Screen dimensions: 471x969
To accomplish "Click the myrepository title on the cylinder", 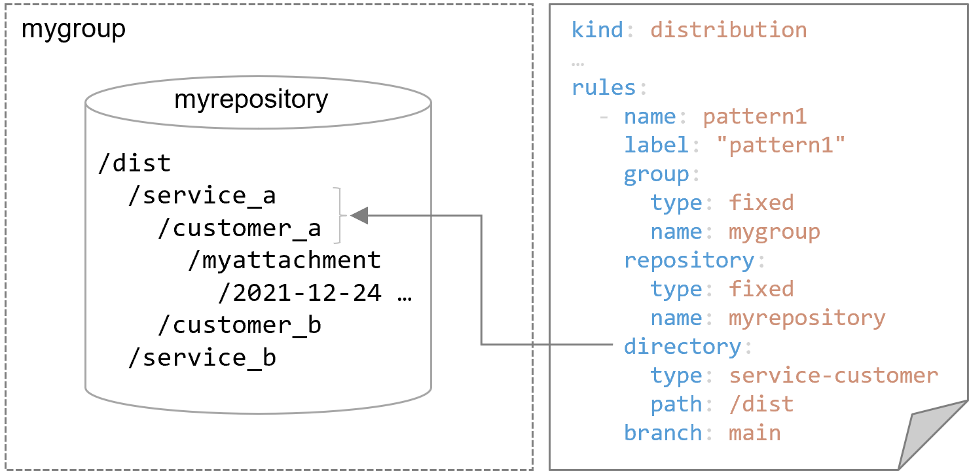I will (251, 99).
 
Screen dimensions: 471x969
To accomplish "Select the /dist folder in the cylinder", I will (134, 163).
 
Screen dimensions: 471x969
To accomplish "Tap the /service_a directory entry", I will (202, 196).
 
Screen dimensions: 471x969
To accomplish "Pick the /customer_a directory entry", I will (239, 228).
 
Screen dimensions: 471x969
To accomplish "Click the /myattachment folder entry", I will (284, 260).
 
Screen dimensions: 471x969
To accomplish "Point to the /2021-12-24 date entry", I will (300, 293).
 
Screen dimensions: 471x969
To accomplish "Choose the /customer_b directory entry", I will (239, 325).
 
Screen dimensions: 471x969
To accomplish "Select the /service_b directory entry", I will (202, 358).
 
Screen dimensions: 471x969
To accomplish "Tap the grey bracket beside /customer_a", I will (338, 215).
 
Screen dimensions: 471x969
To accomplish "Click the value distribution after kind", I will (728, 30).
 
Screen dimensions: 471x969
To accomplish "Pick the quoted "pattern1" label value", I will (780, 145).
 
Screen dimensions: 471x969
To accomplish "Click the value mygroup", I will (774, 232).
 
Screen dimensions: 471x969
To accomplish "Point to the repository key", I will (689, 260).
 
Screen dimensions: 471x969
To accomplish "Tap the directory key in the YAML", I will (682, 347).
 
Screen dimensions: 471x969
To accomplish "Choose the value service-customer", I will (833, 375).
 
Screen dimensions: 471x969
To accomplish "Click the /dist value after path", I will (761, 404).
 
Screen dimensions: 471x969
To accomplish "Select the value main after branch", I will (754, 433).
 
